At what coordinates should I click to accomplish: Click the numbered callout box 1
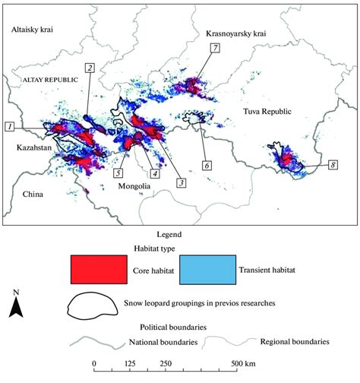[9, 126]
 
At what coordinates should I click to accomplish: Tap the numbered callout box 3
[181, 182]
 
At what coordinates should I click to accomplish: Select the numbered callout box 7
[215, 48]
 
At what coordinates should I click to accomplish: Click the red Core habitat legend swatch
[99, 268]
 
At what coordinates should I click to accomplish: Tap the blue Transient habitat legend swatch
[207, 268]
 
